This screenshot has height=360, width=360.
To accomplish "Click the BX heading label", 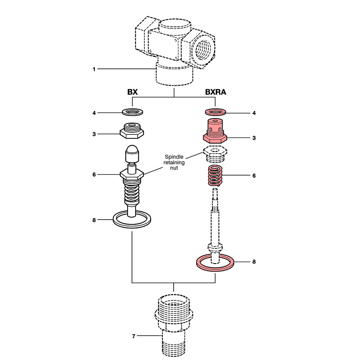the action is (132, 92).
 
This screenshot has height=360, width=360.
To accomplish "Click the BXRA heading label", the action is (216, 92).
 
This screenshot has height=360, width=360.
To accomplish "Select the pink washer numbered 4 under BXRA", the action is (215, 112).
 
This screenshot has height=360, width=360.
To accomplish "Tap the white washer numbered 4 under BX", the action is (132, 112).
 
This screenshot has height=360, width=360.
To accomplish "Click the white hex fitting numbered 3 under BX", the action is (132, 131).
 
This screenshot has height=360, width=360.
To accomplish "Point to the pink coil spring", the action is (215, 176).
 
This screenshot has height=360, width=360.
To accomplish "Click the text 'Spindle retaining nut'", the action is (174, 162).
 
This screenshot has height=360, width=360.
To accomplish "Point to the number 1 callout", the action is (94, 69).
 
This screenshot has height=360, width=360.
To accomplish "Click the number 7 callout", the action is (134, 336).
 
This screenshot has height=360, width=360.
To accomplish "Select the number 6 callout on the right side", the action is (254, 176).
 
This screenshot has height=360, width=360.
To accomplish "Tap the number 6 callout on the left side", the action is (94, 175).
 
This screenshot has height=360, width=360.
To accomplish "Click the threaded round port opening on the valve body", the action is (203, 50).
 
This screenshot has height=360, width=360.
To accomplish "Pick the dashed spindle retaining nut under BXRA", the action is (215, 153).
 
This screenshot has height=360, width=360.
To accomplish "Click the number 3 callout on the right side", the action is (254, 138).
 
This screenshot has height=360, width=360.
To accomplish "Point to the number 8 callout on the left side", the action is (94, 220).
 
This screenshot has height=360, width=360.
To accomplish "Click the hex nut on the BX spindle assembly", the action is (132, 175).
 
